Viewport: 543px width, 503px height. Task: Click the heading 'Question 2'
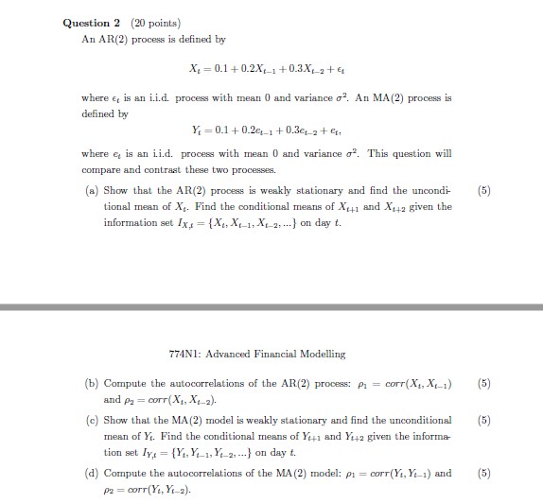[91, 23]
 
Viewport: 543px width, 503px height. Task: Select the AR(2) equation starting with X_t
[271, 69]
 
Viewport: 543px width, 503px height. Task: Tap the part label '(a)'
[91, 189]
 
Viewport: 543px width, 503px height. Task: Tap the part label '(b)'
[91, 383]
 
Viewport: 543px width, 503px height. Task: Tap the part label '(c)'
[91, 420]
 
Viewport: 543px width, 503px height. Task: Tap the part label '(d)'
[91, 472]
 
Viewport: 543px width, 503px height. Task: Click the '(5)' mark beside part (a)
[485, 189]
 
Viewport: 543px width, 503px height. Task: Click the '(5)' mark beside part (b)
[485, 383]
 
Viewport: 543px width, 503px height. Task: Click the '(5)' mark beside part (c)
[485, 420]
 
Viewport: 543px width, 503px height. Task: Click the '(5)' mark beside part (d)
[485, 472]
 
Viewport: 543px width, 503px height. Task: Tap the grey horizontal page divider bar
[271, 307]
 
